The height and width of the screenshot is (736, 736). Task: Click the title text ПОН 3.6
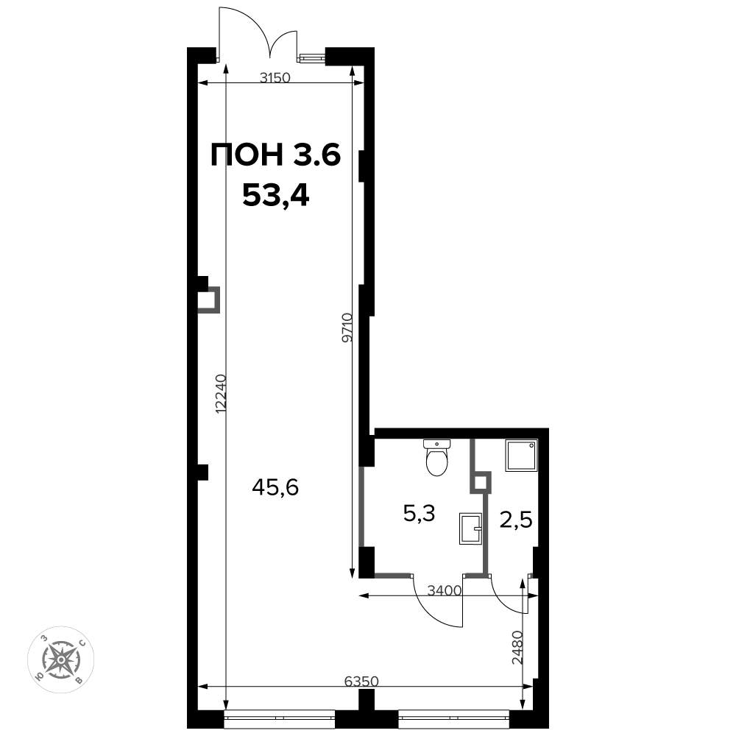[276, 155]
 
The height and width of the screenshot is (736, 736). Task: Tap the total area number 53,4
[275, 196]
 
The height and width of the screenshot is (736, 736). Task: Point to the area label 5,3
[419, 514]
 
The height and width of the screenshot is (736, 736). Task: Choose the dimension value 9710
[348, 328]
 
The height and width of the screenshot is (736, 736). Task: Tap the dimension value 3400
[444, 590]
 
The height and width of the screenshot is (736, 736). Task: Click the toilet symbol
[437, 457]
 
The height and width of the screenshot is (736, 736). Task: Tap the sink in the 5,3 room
[470, 528]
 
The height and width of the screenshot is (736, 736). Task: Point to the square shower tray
[521, 456]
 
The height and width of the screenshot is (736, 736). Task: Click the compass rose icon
[62, 659]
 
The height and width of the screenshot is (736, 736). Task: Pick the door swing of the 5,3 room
[439, 602]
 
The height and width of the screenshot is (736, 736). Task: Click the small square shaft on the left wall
[208, 300]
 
